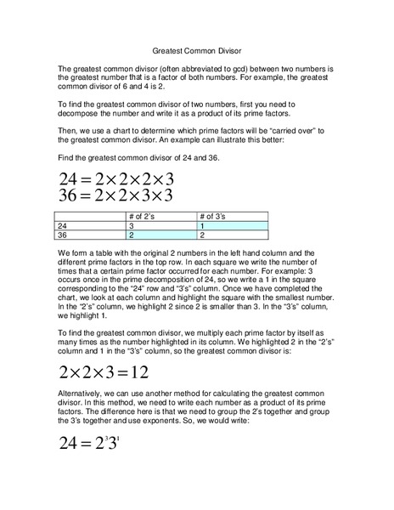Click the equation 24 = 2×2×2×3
(116, 179)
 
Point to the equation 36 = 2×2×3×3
(116, 195)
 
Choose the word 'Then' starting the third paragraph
(68, 129)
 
